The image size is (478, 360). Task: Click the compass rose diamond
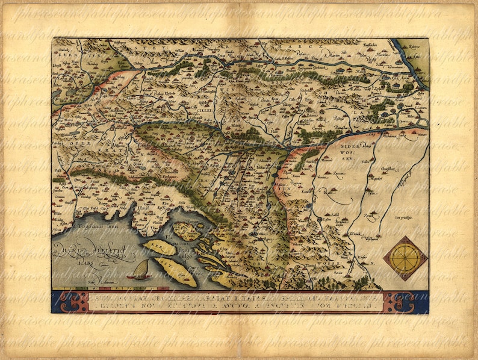[405, 258]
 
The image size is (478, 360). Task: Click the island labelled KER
[159, 247]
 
